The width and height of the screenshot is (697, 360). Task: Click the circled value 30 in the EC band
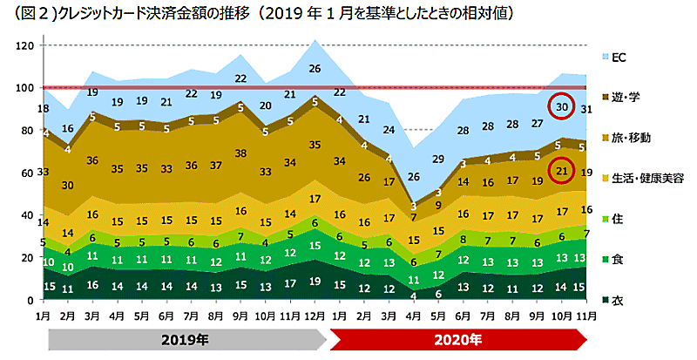pos(562,107)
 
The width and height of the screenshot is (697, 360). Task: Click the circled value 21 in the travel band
pos(562,172)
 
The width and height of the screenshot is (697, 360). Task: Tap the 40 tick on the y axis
pos(26,215)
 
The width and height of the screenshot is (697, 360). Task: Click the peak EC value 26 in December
pos(315,69)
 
